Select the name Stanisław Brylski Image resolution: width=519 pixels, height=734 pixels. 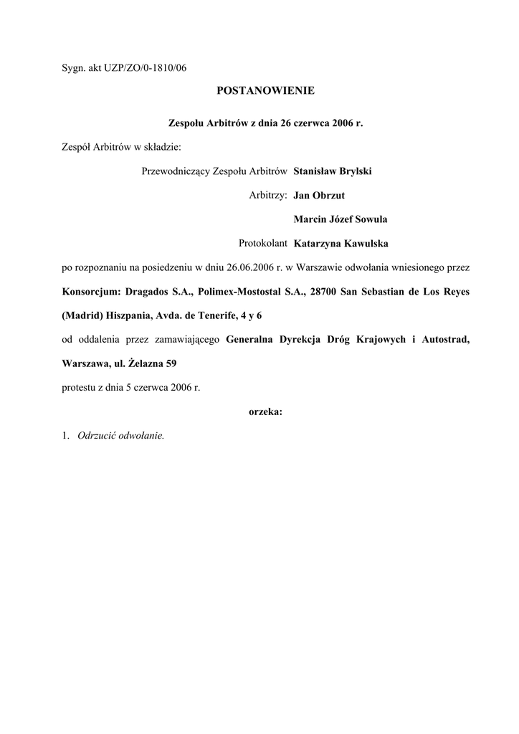tap(332, 171)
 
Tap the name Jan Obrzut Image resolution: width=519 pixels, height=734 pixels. tap(319, 195)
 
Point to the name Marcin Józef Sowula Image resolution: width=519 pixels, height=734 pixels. tap(341, 219)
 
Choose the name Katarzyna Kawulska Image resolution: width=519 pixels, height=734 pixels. tap(341, 243)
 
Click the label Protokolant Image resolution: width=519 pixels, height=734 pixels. tap(263, 243)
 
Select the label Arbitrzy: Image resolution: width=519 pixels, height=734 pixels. tap(268, 195)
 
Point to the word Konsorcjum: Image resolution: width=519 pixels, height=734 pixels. tap(88, 291)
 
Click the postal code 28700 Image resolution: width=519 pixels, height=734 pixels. tap(323, 291)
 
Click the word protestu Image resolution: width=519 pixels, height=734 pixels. tap(78, 387)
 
